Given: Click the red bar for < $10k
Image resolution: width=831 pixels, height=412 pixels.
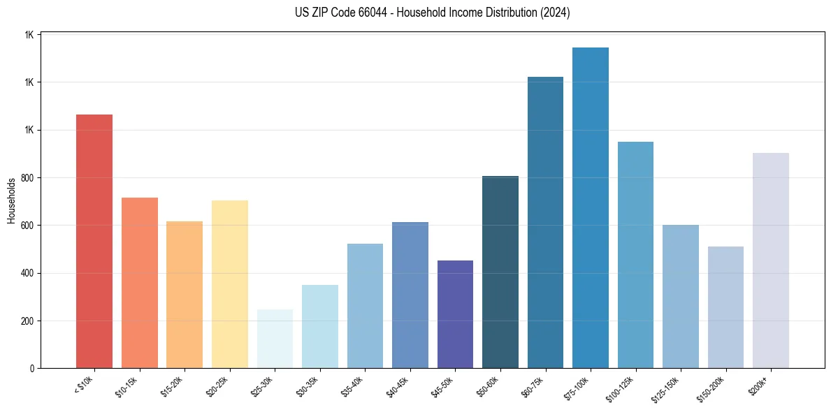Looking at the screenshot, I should [94, 241].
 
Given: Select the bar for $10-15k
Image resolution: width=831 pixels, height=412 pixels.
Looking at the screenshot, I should [140, 283].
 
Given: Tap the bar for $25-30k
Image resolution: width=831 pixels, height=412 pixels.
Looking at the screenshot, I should [275, 339].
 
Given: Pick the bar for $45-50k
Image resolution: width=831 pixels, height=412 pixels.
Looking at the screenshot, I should [455, 314].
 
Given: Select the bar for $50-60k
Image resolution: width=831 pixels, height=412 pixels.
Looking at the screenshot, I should [500, 272].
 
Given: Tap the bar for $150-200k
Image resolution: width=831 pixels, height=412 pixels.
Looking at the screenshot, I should [725, 307].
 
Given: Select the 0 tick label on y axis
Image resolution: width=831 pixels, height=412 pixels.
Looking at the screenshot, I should [32, 369].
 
